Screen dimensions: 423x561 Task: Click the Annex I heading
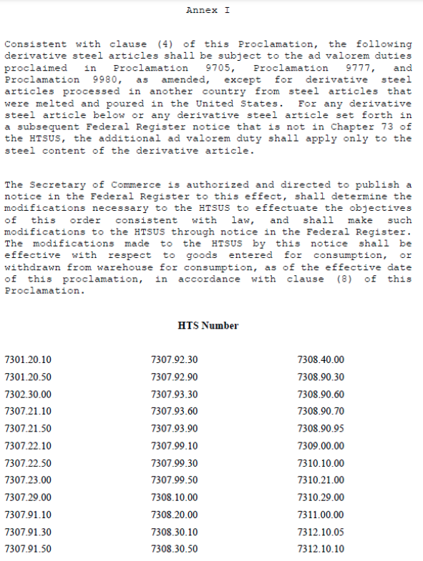point(208,10)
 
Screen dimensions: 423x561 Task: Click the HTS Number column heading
point(208,326)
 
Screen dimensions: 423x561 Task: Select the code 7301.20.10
point(28,359)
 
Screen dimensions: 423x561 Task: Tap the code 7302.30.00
point(28,394)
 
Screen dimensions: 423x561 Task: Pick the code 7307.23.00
point(28,480)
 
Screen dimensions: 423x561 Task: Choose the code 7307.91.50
point(28,549)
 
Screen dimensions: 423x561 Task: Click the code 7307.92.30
point(175,359)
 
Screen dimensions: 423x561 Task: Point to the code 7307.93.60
point(175,411)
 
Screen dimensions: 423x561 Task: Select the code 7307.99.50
point(175,480)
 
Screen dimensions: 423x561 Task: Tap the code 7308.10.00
point(175,497)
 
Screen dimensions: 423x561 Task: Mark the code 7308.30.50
point(175,549)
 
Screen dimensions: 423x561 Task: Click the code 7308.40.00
point(321,359)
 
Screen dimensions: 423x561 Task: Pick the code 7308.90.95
point(321,428)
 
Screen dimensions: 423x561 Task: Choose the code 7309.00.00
point(321,446)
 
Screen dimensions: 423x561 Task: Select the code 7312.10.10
point(321,549)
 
